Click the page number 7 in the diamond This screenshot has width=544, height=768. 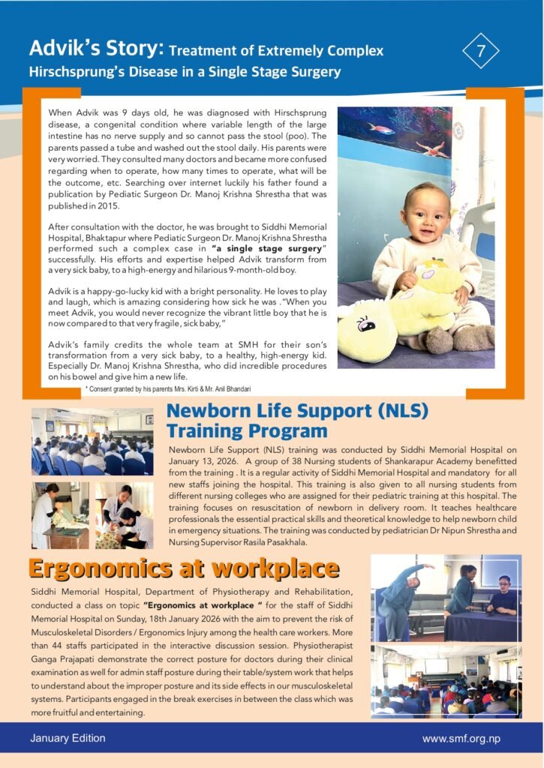[x=482, y=52]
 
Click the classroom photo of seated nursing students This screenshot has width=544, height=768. [x=92, y=443]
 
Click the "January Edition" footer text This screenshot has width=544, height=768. [x=68, y=738]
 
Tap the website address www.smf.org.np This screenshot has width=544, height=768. [x=461, y=739]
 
